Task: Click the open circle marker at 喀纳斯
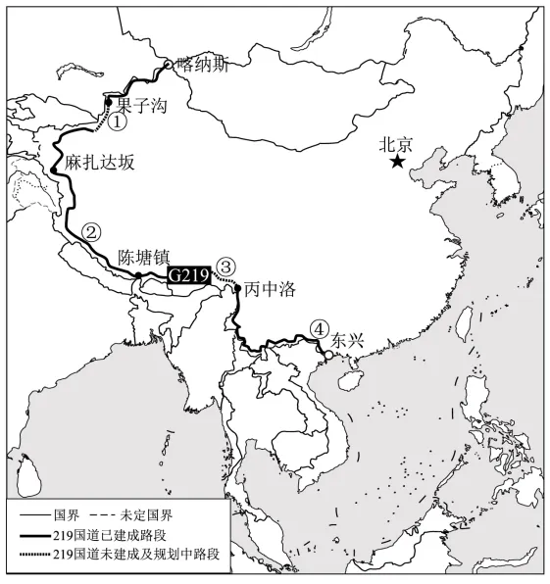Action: pos(168,65)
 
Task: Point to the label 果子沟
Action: pos(138,101)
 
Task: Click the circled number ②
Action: pos(90,232)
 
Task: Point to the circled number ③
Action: pos(225,266)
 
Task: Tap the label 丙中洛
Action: pos(269,289)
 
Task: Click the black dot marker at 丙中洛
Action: pos(238,288)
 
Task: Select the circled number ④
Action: pos(317,329)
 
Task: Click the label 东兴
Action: pos(347,342)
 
